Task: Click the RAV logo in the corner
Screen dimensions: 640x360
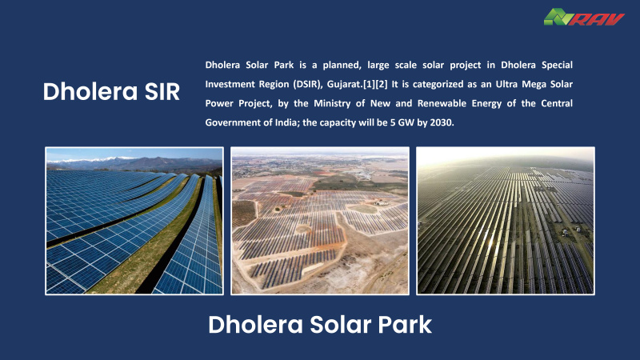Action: (584, 17)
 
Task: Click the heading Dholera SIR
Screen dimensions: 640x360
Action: (111, 91)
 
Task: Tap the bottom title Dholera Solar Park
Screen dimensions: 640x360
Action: (320, 325)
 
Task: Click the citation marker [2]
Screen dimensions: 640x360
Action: (382, 84)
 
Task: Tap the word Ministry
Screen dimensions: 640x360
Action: (332, 103)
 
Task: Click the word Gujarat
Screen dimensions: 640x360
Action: (344, 85)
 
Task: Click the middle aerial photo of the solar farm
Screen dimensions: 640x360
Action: (320, 221)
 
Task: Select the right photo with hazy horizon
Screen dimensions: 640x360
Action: (506, 221)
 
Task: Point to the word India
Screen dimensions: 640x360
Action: (286, 122)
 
